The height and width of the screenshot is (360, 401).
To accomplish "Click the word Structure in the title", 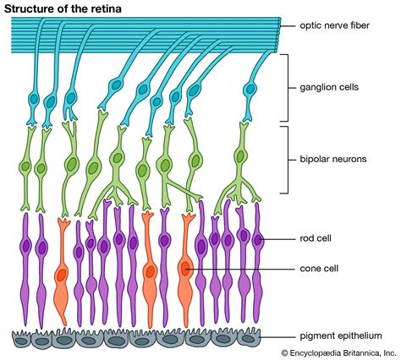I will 31,8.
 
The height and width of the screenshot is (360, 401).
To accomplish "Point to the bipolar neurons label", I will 333,158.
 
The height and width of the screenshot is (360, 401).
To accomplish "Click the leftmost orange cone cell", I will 62,270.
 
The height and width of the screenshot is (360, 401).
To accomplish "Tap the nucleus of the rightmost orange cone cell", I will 184,270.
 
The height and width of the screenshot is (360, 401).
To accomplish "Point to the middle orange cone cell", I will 150,270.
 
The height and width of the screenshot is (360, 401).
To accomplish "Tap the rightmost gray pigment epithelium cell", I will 248,338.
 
